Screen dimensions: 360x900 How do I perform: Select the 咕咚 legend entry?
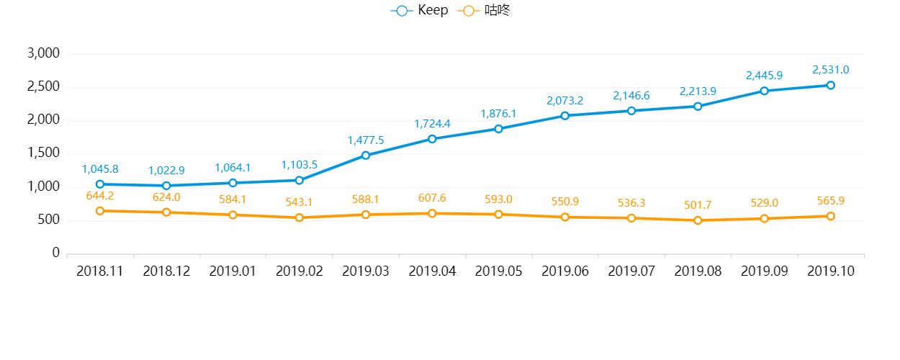pyautogui.click(x=485, y=11)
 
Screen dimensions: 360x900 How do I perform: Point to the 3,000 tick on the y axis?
pyautogui.click(x=43, y=54)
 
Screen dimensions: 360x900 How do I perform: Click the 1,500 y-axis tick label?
pyautogui.click(x=43, y=153)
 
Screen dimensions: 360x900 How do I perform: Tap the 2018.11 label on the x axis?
pyautogui.click(x=100, y=271)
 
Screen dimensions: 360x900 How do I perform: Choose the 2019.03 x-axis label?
pyautogui.click(x=366, y=271)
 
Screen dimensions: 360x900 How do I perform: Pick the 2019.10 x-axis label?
pyautogui.click(x=830, y=271)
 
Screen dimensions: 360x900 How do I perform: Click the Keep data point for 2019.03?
pyautogui.click(x=366, y=155)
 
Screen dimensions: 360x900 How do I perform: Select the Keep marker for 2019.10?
pyautogui.click(x=830, y=85)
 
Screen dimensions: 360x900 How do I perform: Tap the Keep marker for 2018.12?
pyautogui.click(x=166, y=186)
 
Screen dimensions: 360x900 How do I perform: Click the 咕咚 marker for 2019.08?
pyautogui.click(x=698, y=220)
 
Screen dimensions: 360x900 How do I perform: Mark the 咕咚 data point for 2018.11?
pyautogui.click(x=100, y=211)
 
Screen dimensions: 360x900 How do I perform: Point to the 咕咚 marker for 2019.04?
pyautogui.click(x=432, y=213)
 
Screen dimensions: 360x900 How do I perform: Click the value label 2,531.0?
pyautogui.click(x=830, y=70)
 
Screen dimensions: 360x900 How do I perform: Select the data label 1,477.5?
pyautogui.click(x=366, y=140)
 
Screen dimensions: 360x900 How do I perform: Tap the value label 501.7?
pyautogui.click(x=698, y=205)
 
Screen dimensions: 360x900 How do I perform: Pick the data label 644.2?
pyautogui.click(x=100, y=195)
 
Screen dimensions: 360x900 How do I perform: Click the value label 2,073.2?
pyautogui.click(x=564, y=101)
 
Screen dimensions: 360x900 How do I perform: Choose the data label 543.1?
pyautogui.click(x=300, y=202)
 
